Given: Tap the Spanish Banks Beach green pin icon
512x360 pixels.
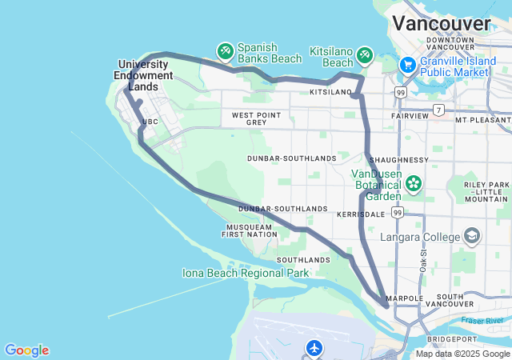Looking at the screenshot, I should (226, 51).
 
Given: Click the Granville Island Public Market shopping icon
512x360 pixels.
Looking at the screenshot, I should (408, 64).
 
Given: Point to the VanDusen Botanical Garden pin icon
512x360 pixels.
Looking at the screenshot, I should (413, 184).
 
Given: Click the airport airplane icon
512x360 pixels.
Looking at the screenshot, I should (314, 348).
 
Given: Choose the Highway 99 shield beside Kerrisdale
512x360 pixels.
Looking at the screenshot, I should (398, 214).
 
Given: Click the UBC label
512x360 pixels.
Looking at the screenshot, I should (150, 122).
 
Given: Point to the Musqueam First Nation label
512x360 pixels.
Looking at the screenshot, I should (250, 231).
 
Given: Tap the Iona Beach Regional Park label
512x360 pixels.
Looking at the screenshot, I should (246, 274).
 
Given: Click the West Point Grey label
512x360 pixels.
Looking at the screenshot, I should (256, 119).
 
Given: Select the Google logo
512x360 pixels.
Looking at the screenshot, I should (26, 350).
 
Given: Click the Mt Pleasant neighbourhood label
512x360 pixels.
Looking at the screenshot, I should (482, 119).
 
